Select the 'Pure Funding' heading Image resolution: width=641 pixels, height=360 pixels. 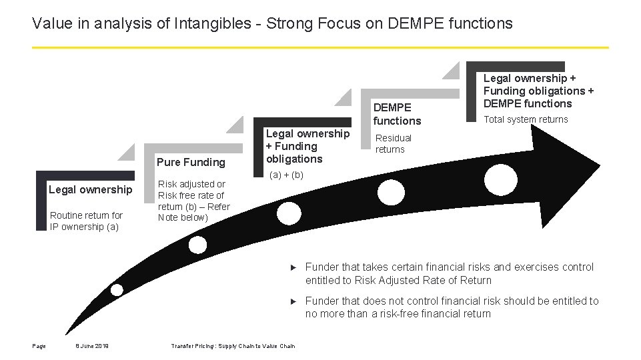coord(191,162)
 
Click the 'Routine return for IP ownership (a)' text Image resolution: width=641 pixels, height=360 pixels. coord(86,221)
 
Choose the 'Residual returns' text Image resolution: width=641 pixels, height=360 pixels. coord(394,143)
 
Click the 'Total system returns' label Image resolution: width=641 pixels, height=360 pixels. coord(526,119)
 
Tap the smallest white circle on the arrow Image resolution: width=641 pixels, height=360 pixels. coord(117,289)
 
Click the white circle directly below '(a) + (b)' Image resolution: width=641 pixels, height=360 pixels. coord(289,213)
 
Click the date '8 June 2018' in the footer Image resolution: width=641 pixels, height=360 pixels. coord(92,345)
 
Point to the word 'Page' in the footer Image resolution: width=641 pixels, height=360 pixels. coord(39,345)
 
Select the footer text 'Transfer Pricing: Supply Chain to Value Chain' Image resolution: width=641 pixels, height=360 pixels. coord(233,345)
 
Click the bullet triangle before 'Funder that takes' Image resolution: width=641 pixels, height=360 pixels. coord(293,267)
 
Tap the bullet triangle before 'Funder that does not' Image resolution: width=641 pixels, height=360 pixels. coord(293,301)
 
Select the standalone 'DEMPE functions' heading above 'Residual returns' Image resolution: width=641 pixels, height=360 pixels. coord(397,114)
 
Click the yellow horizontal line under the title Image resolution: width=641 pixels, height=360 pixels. coord(320,47)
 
